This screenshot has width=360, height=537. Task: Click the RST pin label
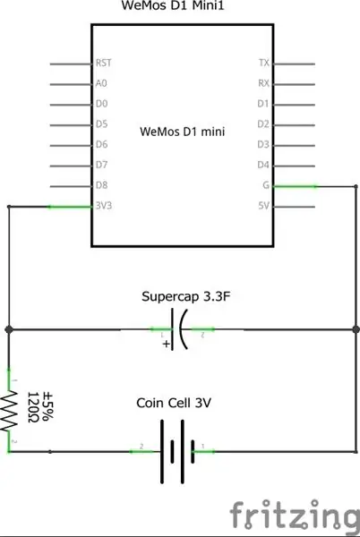pyautogui.click(x=104, y=63)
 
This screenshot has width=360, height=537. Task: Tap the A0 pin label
pyautogui.click(x=101, y=83)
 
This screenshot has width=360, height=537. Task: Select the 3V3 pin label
pyautogui.click(x=104, y=206)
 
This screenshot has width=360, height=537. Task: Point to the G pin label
pyautogui.click(x=266, y=185)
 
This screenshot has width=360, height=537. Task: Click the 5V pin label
pyautogui.click(x=264, y=206)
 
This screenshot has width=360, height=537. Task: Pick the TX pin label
pyautogui.click(x=264, y=63)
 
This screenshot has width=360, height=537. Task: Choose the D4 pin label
pyautogui.click(x=263, y=165)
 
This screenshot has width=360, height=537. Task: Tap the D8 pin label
pyautogui.click(x=102, y=185)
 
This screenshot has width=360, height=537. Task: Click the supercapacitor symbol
pyautogui.click(x=179, y=329)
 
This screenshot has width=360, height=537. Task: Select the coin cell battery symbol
pyautogui.click(x=177, y=451)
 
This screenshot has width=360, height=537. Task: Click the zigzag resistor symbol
pyautogui.click(x=9, y=411)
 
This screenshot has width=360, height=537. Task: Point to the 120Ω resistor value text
pyautogui.click(x=32, y=407)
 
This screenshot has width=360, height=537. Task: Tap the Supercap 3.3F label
pyautogui.click(x=185, y=296)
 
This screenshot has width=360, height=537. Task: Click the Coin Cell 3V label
pyautogui.click(x=174, y=403)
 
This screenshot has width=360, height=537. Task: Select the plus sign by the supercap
pyautogui.click(x=167, y=344)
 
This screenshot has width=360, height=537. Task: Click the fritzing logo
pyautogui.click(x=295, y=514)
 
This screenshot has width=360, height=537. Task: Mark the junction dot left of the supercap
pyautogui.click(x=9, y=329)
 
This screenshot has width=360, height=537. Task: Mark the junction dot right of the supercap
pyautogui.click(x=356, y=329)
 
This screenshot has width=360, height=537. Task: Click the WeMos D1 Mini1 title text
pyautogui.click(x=173, y=5)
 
